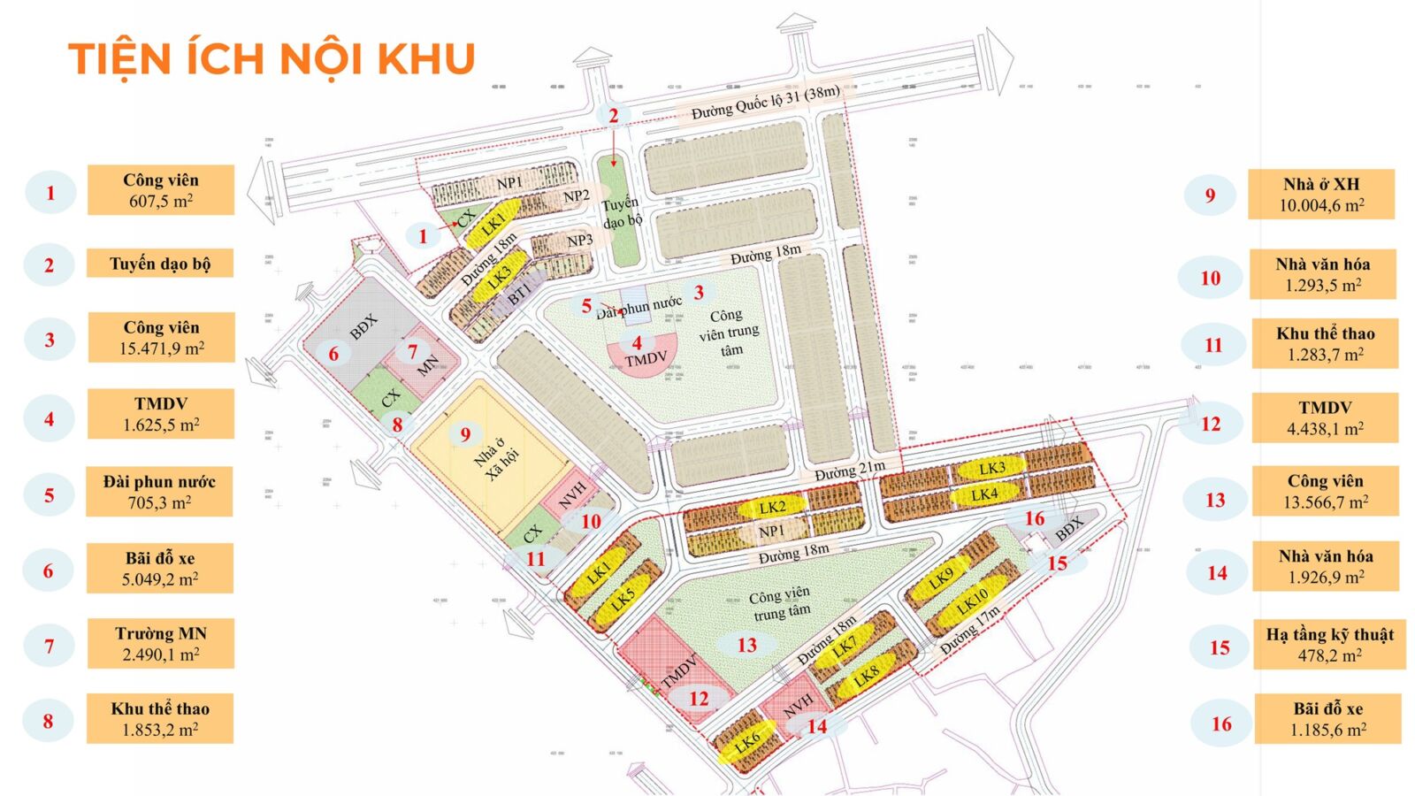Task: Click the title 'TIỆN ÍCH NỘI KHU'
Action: [272, 59]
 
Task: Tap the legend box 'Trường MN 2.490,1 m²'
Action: [160, 644]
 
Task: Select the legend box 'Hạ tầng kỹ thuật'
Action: [1329, 645]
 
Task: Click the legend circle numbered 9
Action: [1210, 195]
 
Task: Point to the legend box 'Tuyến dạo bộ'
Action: [160, 264]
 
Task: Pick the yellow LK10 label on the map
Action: [972, 601]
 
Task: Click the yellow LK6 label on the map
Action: [746, 740]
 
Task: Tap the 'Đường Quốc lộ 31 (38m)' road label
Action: [765, 102]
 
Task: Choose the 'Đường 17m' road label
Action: [970, 630]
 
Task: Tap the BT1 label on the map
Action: [519, 291]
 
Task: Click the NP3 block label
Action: [579, 241]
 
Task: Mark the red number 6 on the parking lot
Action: [333, 354]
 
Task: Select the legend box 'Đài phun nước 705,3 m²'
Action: [159, 492]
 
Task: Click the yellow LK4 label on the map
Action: [984, 494]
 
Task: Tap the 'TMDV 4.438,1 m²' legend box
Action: [1324, 418]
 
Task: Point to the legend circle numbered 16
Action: [1221, 724]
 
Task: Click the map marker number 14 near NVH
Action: [817, 726]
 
